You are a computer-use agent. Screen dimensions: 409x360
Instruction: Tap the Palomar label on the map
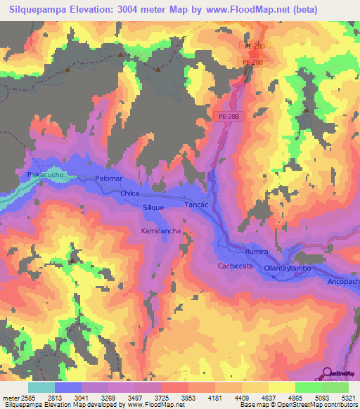109,179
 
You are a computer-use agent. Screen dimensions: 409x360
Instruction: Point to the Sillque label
153,208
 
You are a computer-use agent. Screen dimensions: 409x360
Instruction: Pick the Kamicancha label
161,231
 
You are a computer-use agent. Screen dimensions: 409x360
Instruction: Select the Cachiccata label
235,266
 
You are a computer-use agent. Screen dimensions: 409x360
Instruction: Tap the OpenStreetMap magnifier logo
328,372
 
